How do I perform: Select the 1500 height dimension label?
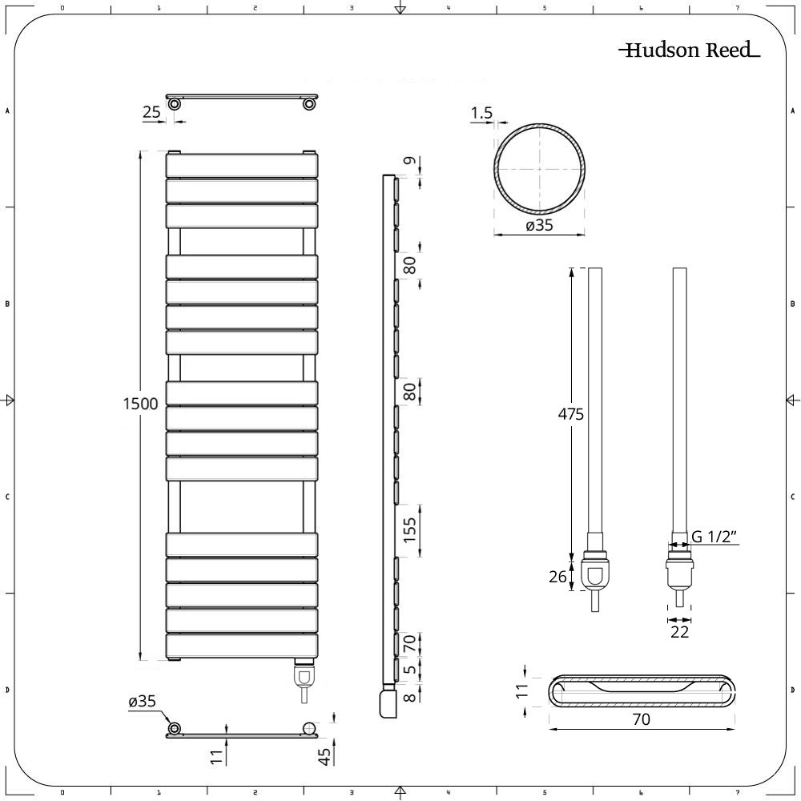pos(140,404)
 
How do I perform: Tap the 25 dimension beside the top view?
pos(151,113)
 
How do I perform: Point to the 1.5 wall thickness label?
pos(481,114)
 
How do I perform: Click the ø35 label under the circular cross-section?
pos(539,226)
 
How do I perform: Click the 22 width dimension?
pos(679,632)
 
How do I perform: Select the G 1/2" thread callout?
pos(714,537)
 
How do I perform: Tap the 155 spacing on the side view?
pos(410,530)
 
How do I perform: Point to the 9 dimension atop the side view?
pos(410,163)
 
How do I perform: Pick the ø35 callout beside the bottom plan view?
pos(142,702)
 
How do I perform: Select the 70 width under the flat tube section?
pos(641,719)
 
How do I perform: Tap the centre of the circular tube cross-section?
pos(539,169)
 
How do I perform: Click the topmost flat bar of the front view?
pos(241,165)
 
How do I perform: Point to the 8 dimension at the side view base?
pos(410,696)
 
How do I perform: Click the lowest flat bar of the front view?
pos(241,646)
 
